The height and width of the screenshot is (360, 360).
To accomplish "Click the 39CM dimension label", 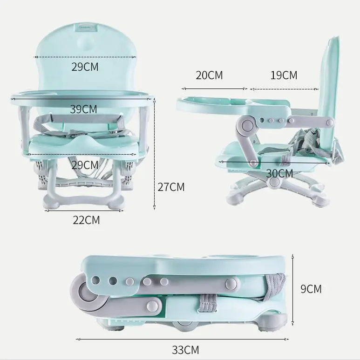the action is pos(83,109).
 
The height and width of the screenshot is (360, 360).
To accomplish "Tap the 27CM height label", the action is pos(171,187).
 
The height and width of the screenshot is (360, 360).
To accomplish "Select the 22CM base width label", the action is pos(86,220).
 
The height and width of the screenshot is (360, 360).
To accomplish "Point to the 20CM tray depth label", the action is pos(209,75).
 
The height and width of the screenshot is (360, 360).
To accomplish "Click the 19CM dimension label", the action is pos(284,75).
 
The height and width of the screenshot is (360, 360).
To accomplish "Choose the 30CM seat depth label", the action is pos(279,174).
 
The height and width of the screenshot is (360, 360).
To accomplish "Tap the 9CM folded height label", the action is pos(311,289).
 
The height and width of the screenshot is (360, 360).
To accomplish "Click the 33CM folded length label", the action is pos(185,350).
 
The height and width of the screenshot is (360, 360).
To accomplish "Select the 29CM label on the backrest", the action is pos(85,67).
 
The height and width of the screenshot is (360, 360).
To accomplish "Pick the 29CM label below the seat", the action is pos(85,165).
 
